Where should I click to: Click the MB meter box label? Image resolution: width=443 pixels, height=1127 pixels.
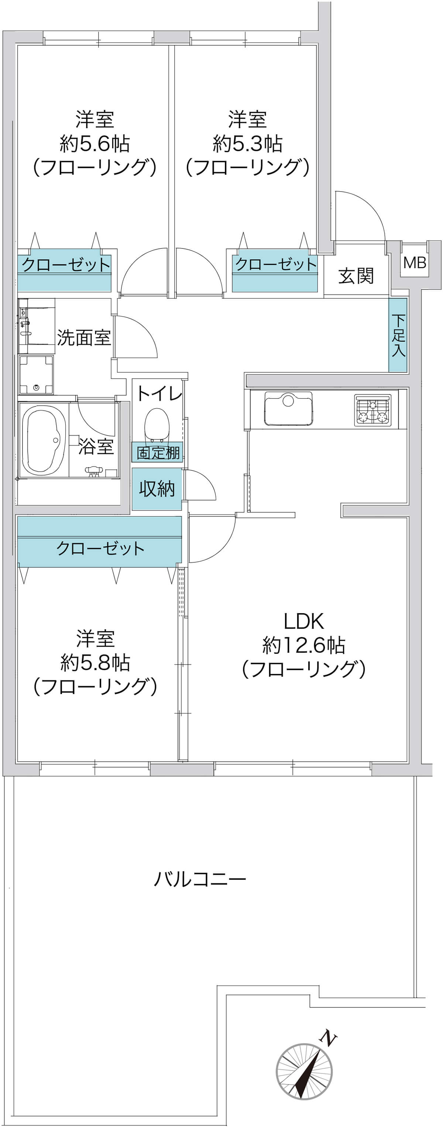click(x=415, y=262)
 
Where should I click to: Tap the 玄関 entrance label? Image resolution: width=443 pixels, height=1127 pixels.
click(x=356, y=276)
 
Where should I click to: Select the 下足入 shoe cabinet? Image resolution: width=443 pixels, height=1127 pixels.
click(x=398, y=335)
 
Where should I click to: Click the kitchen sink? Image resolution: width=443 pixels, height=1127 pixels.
click(x=288, y=409)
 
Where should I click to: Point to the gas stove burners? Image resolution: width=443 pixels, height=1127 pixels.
click(x=373, y=410)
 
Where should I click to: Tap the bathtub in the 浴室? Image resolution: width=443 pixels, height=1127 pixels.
click(x=44, y=440)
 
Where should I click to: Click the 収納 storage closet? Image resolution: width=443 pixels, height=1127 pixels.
click(x=157, y=489)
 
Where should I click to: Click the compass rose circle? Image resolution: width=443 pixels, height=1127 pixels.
click(x=304, y=1071)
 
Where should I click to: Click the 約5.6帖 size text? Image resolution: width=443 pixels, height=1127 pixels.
click(x=95, y=144)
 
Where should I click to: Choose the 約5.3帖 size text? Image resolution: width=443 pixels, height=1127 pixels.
click(x=247, y=144)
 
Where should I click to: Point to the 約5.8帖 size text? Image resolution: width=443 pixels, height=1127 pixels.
click(x=95, y=663)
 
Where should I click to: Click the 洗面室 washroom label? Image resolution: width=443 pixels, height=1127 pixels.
click(x=84, y=337)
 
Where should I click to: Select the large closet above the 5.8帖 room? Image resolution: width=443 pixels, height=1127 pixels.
click(x=100, y=542)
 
